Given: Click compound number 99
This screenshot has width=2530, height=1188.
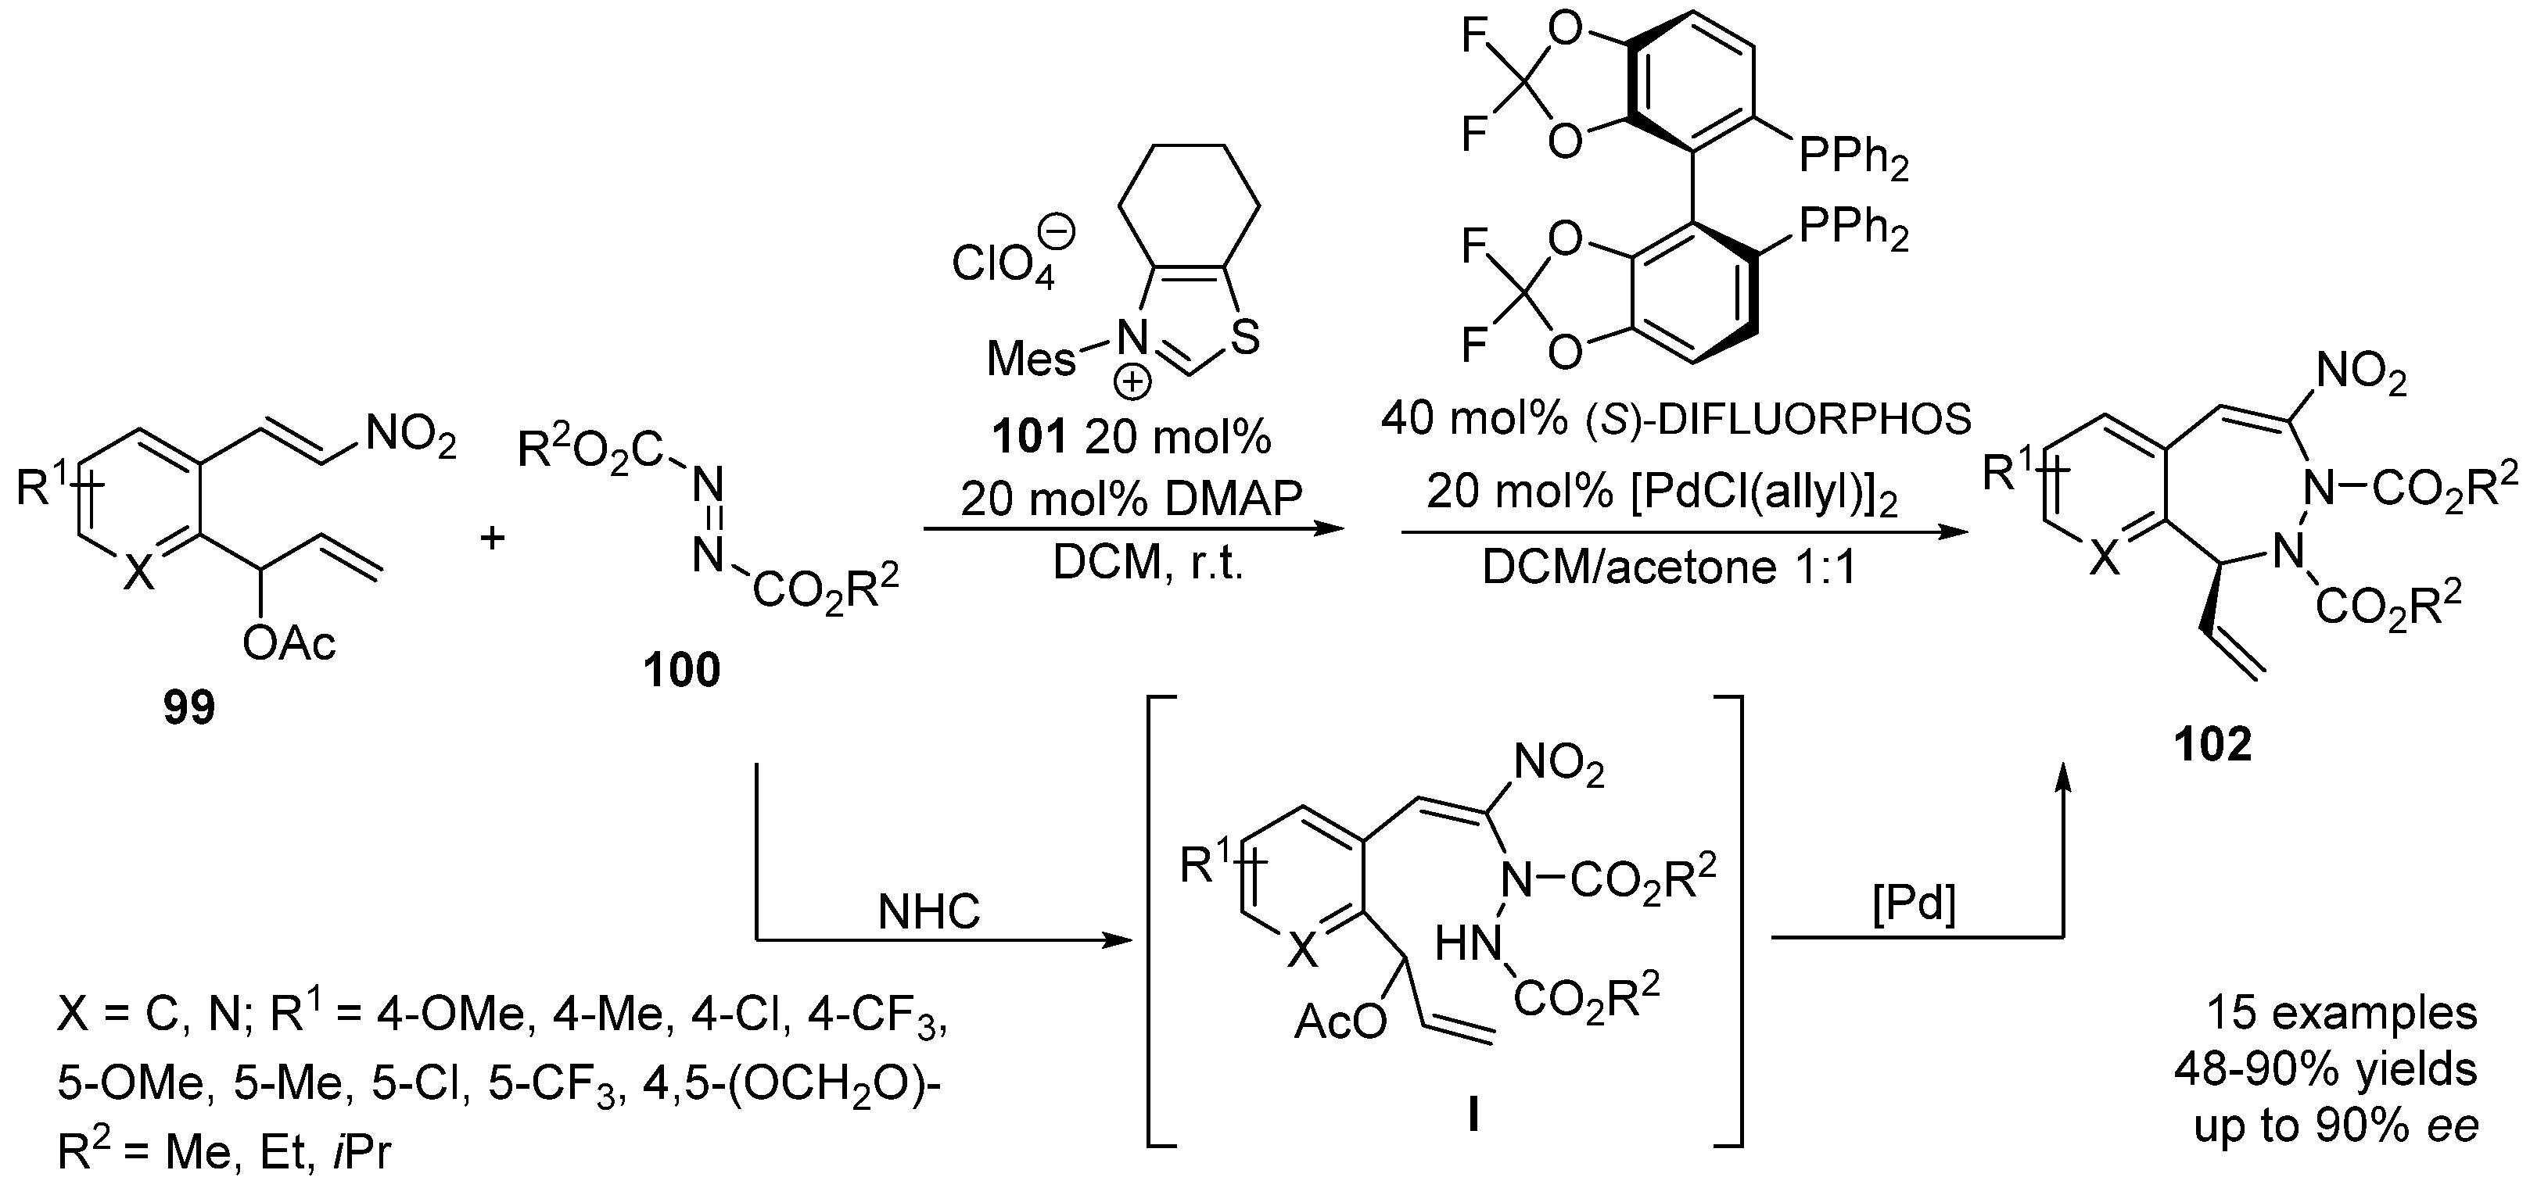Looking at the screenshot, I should pyautogui.click(x=188, y=707).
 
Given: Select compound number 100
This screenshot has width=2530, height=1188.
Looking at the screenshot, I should pyautogui.click(x=682, y=671).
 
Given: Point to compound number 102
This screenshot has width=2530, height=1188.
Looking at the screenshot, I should pyautogui.click(x=2212, y=745).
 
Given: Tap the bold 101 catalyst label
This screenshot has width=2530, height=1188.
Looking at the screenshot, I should pyautogui.click(x=1028, y=438).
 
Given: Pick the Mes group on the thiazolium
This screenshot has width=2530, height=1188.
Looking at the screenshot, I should pyautogui.click(x=1029, y=360).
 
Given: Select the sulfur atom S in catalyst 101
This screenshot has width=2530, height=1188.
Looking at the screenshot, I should pyautogui.click(x=1243, y=340).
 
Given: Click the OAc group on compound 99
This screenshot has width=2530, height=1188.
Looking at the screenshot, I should pyautogui.click(x=289, y=644).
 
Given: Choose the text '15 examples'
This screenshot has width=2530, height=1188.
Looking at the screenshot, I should pyautogui.click(x=2341, y=1013).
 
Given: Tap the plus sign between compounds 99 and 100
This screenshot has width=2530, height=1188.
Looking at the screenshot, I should pyautogui.click(x=492, y=538).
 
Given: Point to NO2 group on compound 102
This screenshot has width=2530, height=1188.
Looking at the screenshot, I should pyautogui.click(x=2361, y=375).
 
